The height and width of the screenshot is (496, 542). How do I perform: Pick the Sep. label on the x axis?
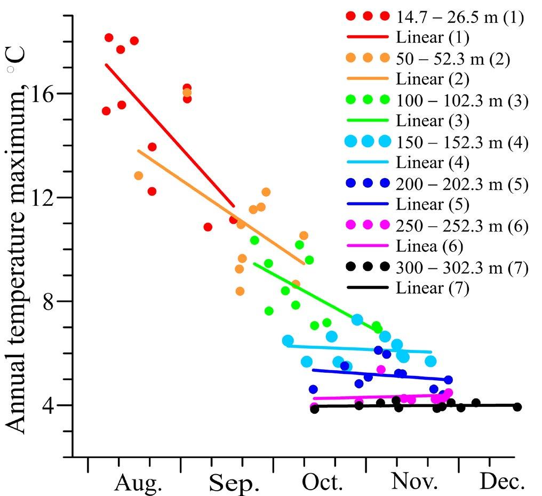234,483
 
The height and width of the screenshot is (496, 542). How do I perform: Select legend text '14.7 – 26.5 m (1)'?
460,18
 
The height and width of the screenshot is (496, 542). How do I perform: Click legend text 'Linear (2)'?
433,79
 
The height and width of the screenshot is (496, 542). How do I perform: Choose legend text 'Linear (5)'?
433,205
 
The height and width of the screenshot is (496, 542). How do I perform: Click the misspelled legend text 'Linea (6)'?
429,246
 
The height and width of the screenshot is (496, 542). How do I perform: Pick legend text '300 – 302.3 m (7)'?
462,268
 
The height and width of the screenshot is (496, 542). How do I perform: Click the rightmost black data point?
517,407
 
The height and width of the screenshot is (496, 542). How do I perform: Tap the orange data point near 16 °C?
187,93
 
